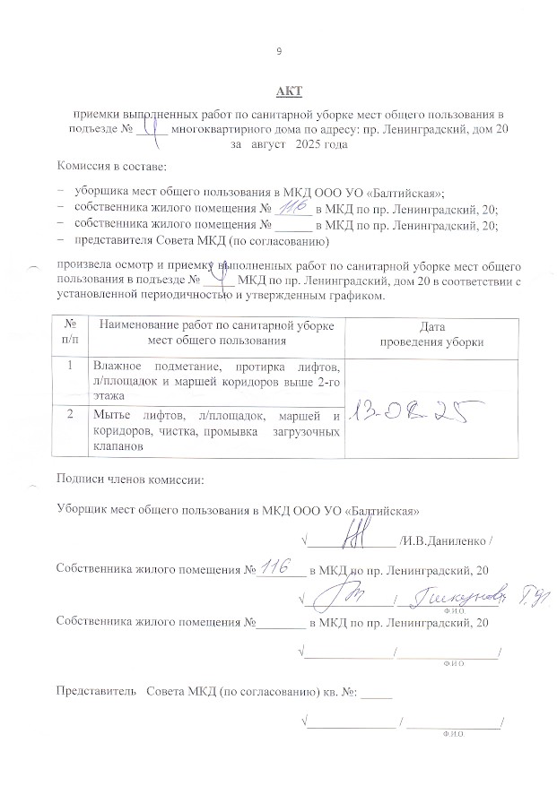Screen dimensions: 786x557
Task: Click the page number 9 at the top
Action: (x=279, y=51)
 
